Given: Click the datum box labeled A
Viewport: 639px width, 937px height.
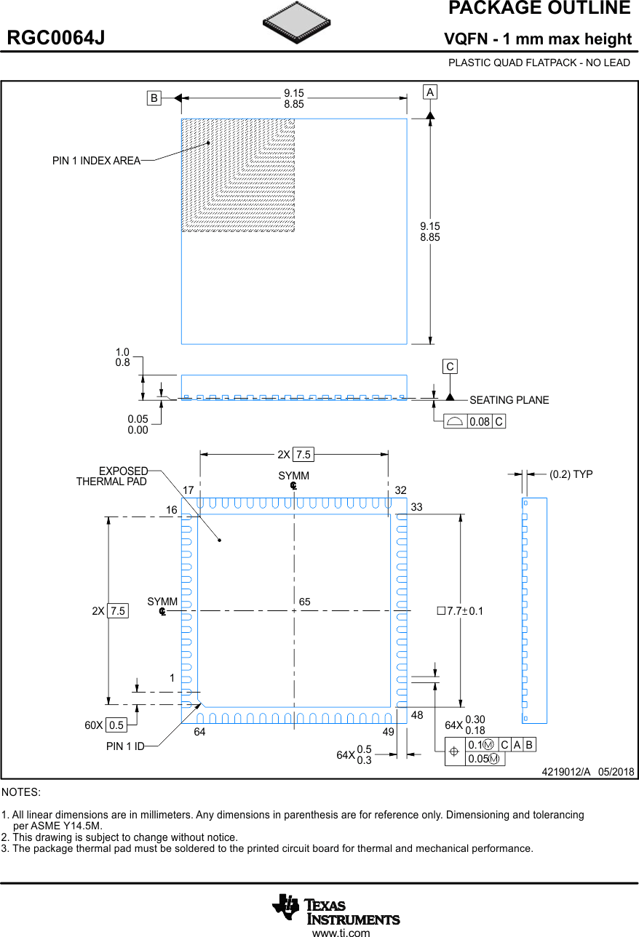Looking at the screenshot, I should click(x=430, y=92).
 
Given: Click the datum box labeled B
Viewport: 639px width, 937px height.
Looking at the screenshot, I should click(x=154, y=98).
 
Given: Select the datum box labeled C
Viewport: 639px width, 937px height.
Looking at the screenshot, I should click(x=451, y=367).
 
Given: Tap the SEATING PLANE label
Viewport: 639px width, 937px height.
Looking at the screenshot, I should click(x=509, y=400).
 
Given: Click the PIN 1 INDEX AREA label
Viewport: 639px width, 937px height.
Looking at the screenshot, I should click(x=96, y=161).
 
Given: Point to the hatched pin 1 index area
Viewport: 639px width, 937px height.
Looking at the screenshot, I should click(x=238, y=175).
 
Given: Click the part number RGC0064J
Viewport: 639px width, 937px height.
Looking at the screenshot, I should click(x=56, y=39).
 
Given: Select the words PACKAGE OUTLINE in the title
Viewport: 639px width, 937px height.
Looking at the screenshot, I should click(x=539, y=9).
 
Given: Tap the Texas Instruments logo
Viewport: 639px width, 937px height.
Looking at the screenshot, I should click(x=336, y=909).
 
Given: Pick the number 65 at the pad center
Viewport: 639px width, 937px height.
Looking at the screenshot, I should click(x=305, y=602).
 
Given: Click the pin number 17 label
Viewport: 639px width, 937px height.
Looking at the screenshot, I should click(x=188, y=490).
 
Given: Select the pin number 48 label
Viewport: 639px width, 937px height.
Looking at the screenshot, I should click(x=417, y=715).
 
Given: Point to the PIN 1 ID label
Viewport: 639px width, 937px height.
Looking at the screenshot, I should click(x=125, y=746).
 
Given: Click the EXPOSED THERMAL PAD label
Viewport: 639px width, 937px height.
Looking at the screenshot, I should click(x=113, y=477).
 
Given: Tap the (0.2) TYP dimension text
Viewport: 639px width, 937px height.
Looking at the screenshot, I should click(x=571, y=474).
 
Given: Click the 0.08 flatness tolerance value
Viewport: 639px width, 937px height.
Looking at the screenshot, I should click(x=479, y=421).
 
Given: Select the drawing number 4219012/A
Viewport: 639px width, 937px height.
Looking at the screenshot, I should click(x=565, y=772).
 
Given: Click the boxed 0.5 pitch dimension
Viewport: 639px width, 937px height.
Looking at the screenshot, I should click(x=116, y=725).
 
